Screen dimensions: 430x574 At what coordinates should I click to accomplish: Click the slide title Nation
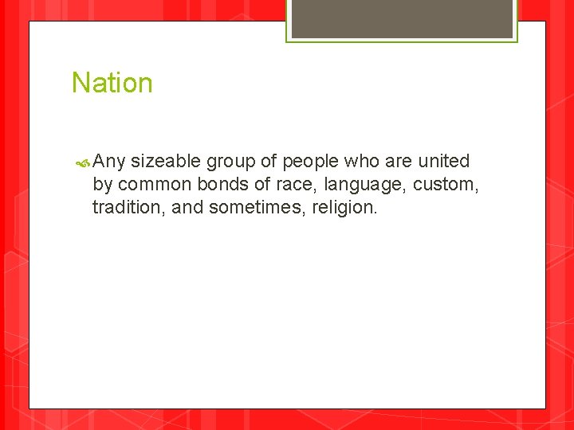[112, 83]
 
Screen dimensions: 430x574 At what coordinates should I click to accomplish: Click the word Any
[109, 162]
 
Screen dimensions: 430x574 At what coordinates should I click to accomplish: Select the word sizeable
[165, 162]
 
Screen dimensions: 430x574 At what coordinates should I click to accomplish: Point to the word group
[231, 162]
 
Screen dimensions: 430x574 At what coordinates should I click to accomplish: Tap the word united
[444, 161]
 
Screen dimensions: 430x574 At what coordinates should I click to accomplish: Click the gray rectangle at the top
[402, 18]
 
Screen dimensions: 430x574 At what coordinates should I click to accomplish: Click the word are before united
[398, 162]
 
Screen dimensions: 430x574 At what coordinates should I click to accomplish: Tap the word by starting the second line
[103, 185]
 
